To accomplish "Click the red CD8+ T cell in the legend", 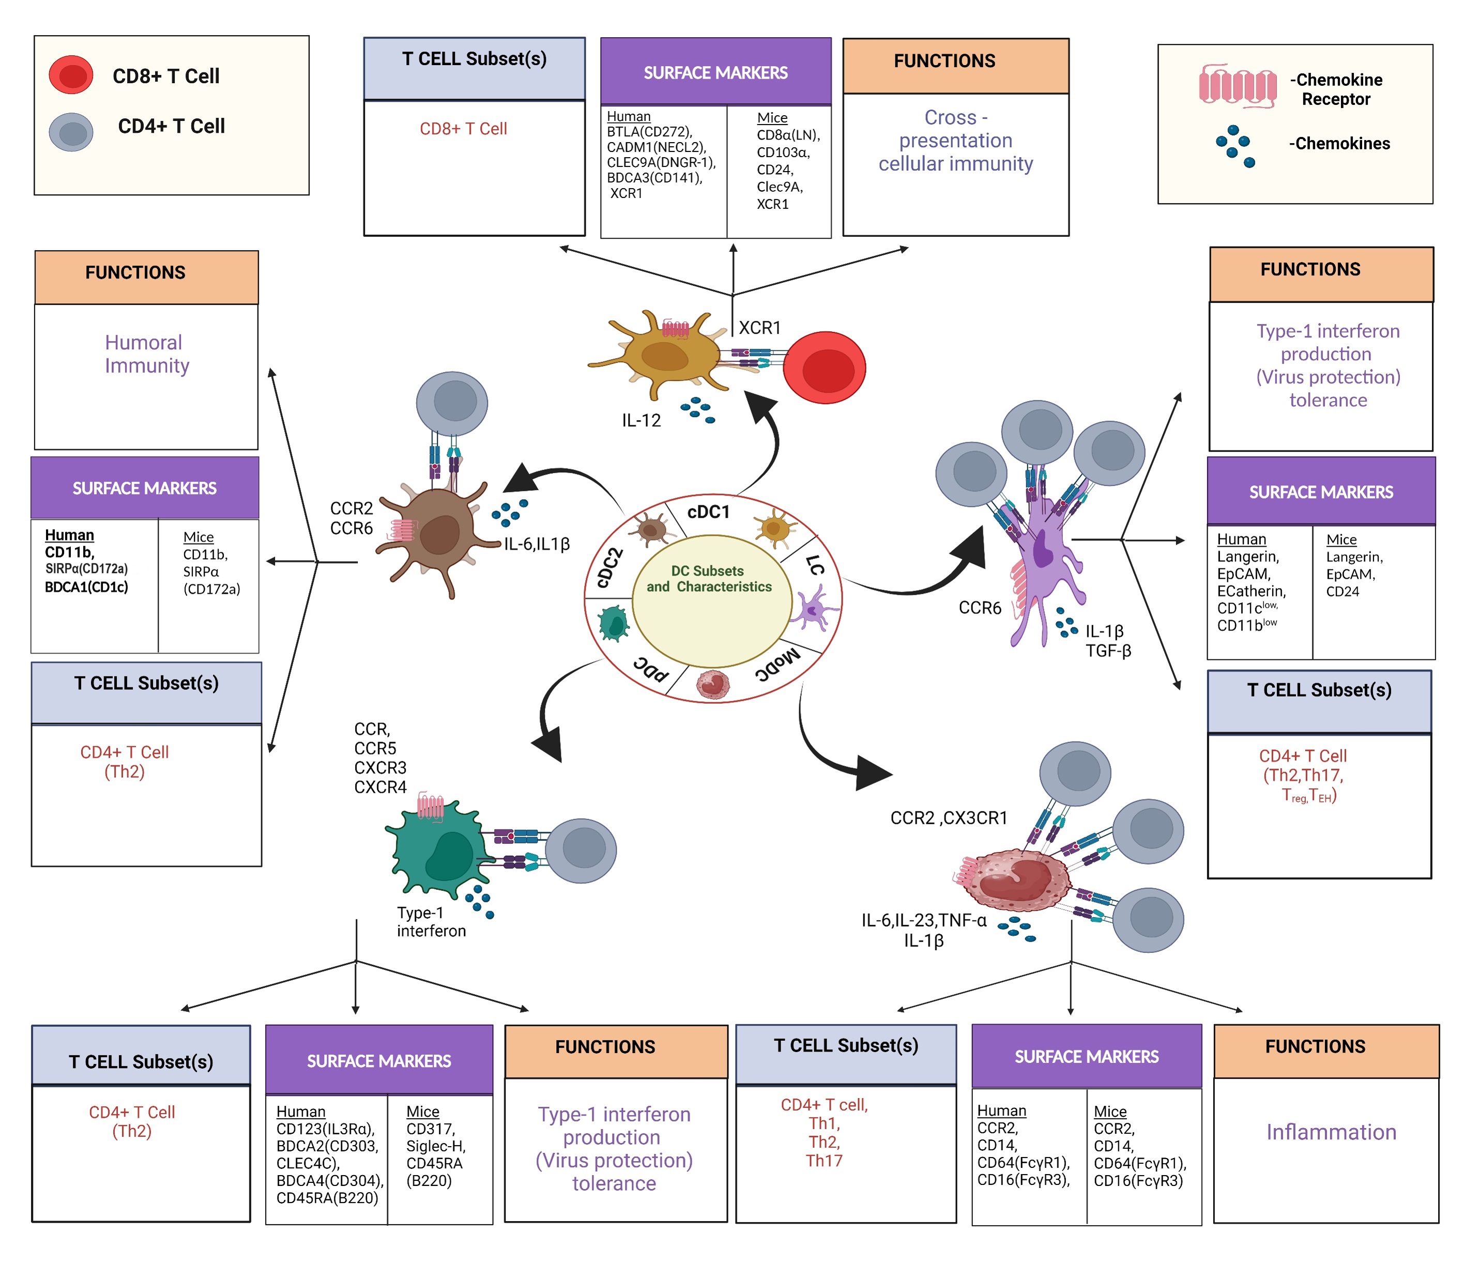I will pyautogui.click(x=71, y=75).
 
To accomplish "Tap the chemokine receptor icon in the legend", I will pyautogui.click(x=1237, y=87).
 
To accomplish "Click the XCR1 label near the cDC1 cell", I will pyautogui.click(x=759, y=328).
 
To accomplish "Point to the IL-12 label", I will pyautogui.click(x=640, y=420).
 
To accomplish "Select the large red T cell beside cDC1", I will pyautogui.click(x=825, y=368).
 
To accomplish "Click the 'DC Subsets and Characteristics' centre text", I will pyautogui.click(x=709, y=579).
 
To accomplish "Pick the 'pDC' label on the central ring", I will pyautogui.click(x=651, y=667).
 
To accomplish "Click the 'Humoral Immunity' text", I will pyautogui.click(x=146, y=354).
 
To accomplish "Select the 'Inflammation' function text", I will pyautogui.click(x=1331, y=1132).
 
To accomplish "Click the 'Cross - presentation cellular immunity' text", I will pyautogui.click(x=955, y=141).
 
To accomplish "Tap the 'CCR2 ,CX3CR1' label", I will pyautogui.click(x=948, y=818).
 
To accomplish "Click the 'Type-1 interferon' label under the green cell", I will pyautogui.click(x=431, y=921).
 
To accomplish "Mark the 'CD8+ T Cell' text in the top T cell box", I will pyautogui.click(x=463, y=129).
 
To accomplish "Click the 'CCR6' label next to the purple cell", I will pyautogui.click(x=979, y=608).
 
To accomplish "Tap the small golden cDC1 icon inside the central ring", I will pyautogui.click(x=774, y=529).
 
